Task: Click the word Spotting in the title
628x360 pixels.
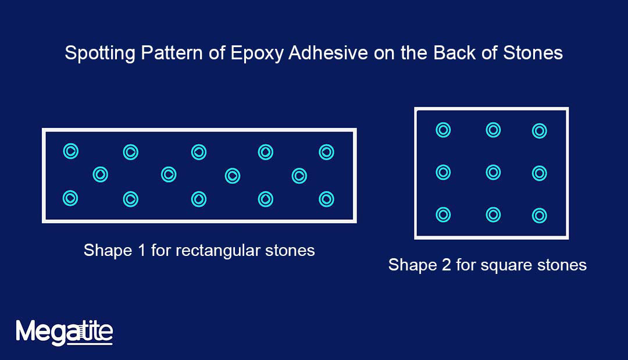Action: (100, 54)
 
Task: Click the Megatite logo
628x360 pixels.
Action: (64, 332)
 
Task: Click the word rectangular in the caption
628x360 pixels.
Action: (213, 251)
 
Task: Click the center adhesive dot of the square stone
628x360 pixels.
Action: (493, 172)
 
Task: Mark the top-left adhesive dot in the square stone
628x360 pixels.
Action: (443, 130)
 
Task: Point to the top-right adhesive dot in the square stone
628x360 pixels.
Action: (540, 131)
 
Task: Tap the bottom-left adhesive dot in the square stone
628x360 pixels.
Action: (443, 215)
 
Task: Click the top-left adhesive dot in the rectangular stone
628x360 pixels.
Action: (70, 152)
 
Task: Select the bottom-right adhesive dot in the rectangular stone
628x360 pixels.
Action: (326, 199)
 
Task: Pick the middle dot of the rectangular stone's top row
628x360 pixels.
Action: (199, 152)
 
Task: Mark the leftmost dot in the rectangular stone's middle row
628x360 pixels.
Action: (101, 174)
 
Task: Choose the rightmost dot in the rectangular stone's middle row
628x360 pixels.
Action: (299, 175)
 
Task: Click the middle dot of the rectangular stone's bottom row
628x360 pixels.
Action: (199, 199)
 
